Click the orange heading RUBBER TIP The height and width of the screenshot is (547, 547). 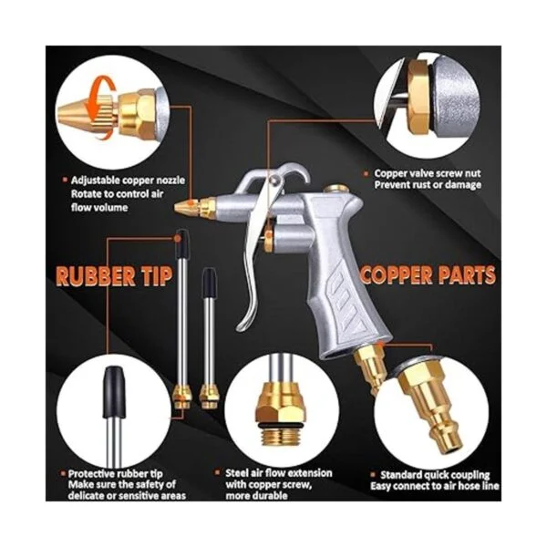point(114,277)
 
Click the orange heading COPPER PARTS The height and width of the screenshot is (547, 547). point(428,275)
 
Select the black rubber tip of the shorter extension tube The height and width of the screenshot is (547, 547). point(209,281)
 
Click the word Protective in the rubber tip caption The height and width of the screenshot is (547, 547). point(91,474)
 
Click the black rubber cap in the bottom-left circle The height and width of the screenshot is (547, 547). point(114,391)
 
